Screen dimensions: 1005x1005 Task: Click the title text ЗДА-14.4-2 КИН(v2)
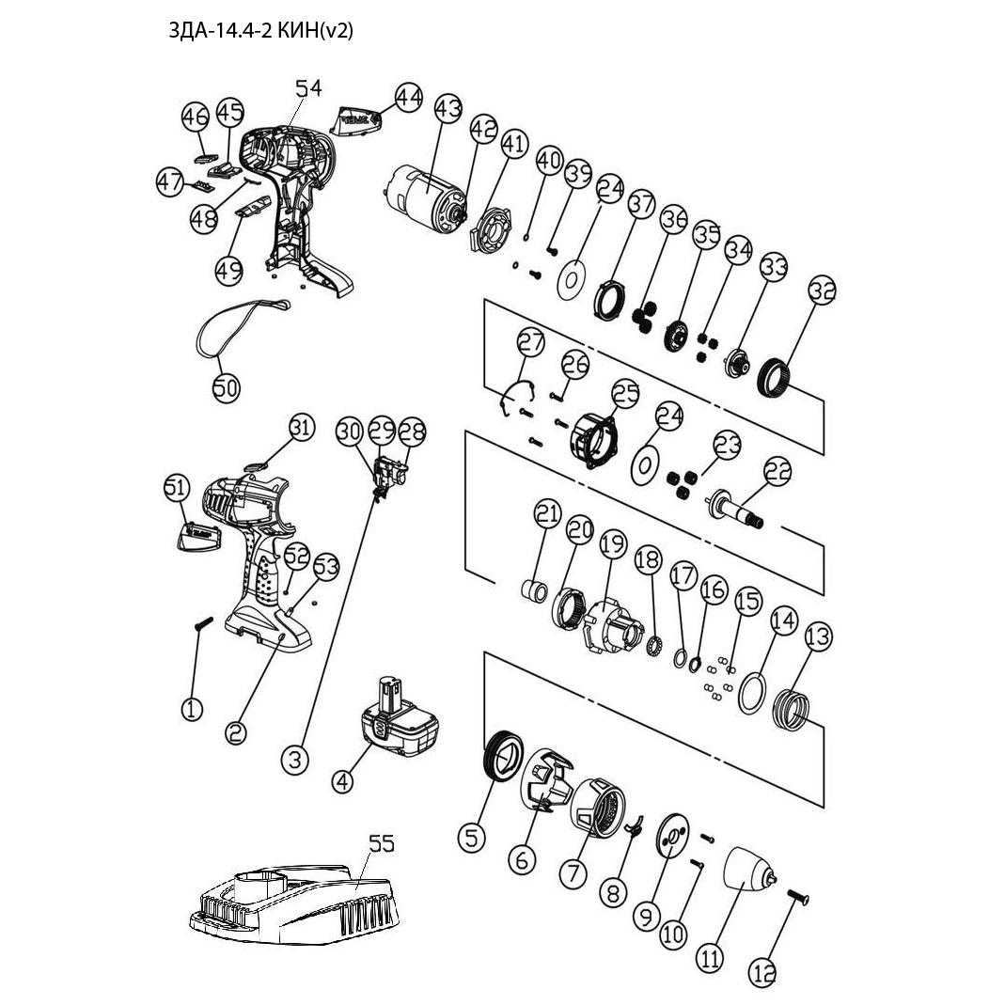click(x=260, y=30)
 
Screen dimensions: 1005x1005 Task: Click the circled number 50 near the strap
click(x=226, y=387)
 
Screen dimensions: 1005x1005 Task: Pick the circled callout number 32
click(x=821, y=291)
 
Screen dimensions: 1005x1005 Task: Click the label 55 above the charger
click(x=381, y=844)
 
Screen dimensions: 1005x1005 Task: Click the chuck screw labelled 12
click(x=799, y=901)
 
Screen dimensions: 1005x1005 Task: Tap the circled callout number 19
click(x=612, y=543)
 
